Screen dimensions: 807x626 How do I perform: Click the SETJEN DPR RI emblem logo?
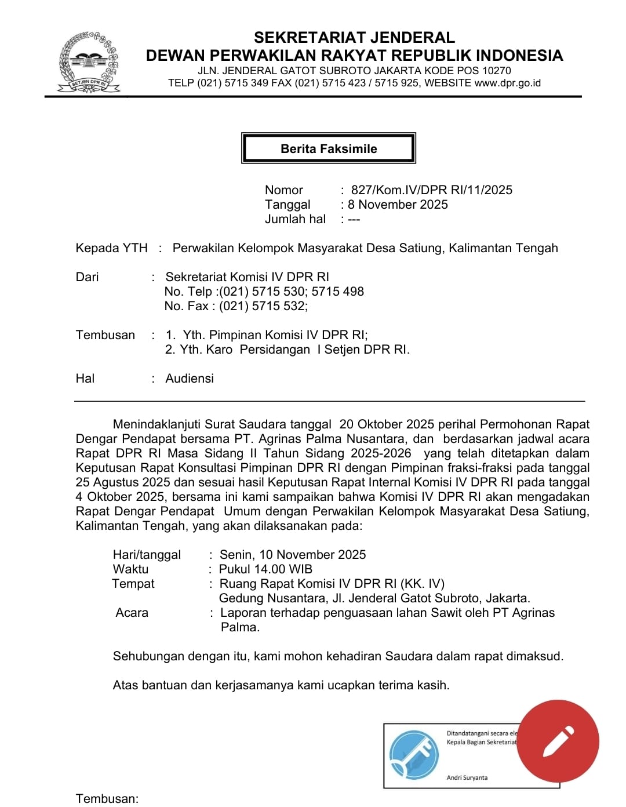click(89, 63)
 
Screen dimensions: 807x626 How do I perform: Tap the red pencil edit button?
click(558, 741)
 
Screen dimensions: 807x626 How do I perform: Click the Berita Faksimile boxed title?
click(329, 148)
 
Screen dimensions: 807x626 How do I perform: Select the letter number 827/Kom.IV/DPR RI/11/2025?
click(431, 190)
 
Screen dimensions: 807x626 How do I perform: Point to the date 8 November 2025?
click(398, 204)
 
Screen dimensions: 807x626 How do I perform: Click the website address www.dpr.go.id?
click(507, 83)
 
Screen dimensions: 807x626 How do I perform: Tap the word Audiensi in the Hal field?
click(190, 378)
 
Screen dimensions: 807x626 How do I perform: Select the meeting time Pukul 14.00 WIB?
click(265, 569)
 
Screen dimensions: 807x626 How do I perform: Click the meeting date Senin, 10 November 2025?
click(293, 554)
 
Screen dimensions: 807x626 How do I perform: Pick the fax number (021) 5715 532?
click(263, 306)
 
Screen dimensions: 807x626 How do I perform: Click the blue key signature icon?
click(414, 754)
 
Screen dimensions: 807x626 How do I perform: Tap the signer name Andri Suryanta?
click(467, 777)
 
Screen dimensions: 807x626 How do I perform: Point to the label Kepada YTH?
click(111, 248)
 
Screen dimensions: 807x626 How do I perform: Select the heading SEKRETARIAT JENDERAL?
click(354, 38)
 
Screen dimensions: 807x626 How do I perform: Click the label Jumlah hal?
click(295, 219)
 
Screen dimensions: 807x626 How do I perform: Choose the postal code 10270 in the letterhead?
click(496, 71)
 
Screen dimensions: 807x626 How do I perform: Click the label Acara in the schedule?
click(132, 612)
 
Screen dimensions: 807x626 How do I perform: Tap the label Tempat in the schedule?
click(133, 583)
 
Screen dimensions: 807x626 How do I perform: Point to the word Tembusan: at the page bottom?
click(107, 798)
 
